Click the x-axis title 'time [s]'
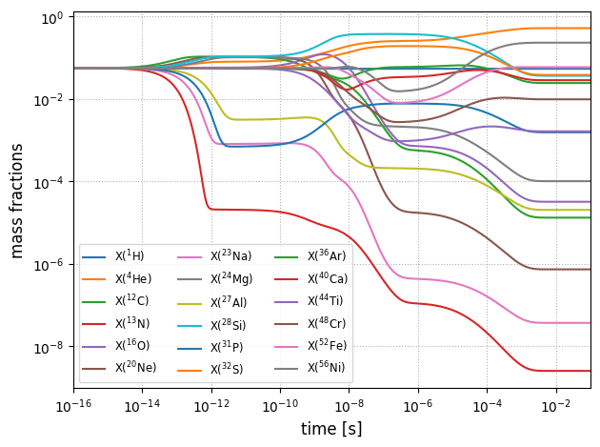pos(331,429)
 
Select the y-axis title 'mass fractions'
pos(17,200)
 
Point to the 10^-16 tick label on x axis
pos(74,406)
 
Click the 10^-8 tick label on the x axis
pos(350,406)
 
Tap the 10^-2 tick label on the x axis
pos(556,406)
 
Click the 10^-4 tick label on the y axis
pos(48,183)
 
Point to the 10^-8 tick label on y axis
pos(48,348)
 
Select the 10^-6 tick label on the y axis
pos(48,265)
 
